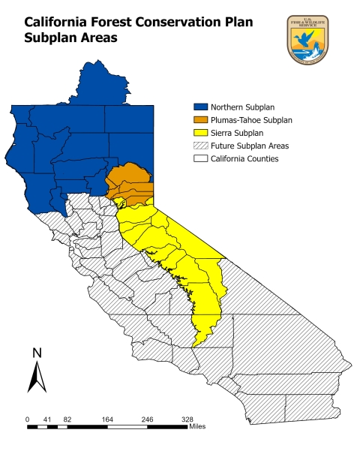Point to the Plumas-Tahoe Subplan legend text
pos(251,120)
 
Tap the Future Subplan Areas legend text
pos(250,146)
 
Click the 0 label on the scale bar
pos(28,419)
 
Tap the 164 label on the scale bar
pos(106,419)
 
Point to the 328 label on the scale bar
pos(187,419)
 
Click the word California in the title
pos(46,23)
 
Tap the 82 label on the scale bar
pos(67,419)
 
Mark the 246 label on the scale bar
pos(147,419)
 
